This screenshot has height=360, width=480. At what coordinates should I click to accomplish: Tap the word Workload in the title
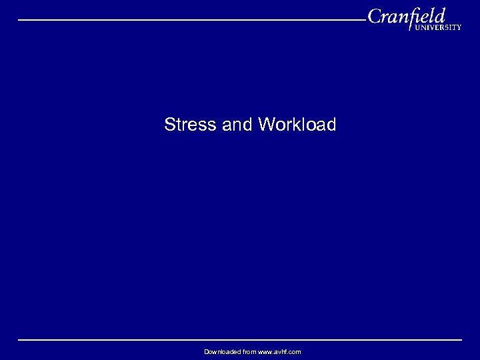tap(297, 125)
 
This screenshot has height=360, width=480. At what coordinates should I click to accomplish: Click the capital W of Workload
tap(265, 125)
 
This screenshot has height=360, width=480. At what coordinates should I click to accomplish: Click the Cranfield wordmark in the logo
tap(406, 15)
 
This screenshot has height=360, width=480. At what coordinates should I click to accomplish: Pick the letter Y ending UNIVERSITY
tap(459, 28)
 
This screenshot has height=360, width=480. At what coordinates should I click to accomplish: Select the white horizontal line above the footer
tap(240, 340)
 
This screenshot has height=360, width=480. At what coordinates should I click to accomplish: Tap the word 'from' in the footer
tap(249, 351)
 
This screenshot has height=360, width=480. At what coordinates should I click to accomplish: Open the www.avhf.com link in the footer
tap(279, 351)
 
